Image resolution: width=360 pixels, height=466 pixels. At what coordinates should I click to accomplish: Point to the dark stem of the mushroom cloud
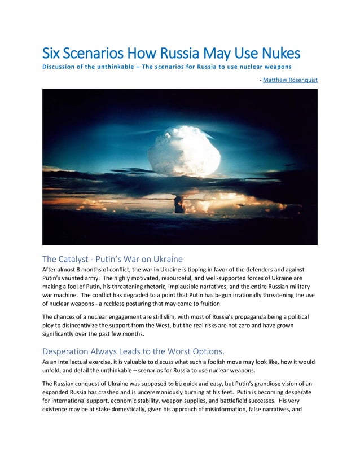tap(179, 204)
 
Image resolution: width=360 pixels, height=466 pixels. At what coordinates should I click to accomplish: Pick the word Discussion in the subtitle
tap(61, 67)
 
